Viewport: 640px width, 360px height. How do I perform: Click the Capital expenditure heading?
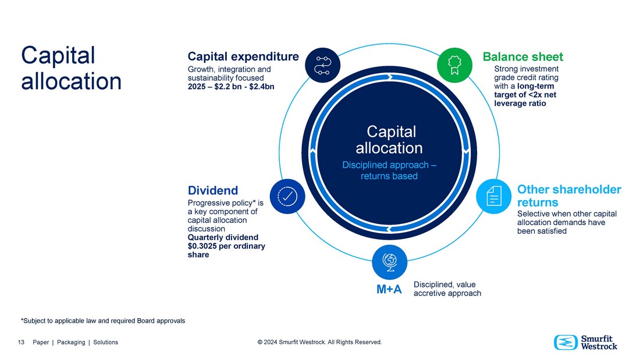coord(243,56)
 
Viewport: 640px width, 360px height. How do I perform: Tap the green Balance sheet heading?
coord(522,56)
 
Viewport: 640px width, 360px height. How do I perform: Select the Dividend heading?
coord(213,190)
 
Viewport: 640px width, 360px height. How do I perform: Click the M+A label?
coord(389,290)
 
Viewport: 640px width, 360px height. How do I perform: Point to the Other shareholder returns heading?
coord(568,196)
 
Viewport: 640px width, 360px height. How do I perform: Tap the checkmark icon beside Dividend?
coord(288,196)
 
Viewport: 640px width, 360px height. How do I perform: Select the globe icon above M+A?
coord(389,262)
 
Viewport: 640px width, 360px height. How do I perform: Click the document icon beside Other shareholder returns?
coord(493,196)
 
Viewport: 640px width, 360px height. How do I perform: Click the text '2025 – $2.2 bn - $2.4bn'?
coord(230,87)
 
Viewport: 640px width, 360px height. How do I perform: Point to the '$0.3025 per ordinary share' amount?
coord(226,250)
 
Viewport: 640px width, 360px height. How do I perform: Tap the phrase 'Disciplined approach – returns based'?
coord(389,170)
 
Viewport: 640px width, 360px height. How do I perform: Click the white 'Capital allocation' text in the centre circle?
coord(389,140)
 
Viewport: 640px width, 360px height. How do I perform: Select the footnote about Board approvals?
coord(103,321)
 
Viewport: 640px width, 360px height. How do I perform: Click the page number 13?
coord(21,343)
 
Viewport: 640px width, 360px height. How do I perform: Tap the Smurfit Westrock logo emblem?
coord(564,343)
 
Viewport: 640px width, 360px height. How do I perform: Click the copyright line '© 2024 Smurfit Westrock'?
coord(319,343)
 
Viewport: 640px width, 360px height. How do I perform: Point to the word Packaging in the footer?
coord(70,343)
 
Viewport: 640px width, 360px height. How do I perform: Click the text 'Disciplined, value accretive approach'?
coord(447,289)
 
